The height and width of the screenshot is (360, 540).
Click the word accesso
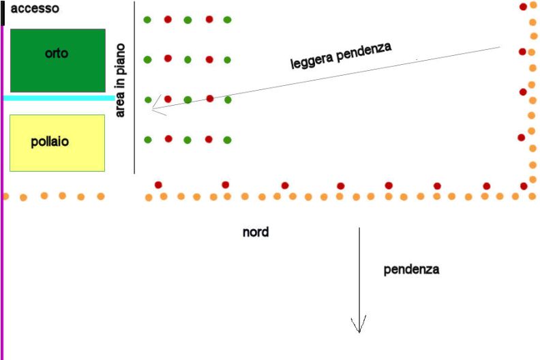click(35, 9)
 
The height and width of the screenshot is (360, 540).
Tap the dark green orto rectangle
click(58, 61)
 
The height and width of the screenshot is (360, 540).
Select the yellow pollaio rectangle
click(57, 143)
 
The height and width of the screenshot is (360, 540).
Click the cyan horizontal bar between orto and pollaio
click(59, 98)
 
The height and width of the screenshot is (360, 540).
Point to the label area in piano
click(120, 80)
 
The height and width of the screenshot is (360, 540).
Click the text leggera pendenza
click(341, 56)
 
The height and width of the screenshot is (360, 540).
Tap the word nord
click(256, 232)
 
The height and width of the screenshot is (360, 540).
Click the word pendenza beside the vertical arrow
click(411, 269)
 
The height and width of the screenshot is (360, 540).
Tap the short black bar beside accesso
click(3, 13)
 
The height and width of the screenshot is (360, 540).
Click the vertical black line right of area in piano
click(134, 87)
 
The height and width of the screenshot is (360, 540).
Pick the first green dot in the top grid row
click(147, 20)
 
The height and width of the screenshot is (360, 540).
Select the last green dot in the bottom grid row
click(227, 140)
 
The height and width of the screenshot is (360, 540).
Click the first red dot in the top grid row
click(168, 19)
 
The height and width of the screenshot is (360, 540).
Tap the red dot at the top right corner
click(523, 7)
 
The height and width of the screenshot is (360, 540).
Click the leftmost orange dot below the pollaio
click(5, 196)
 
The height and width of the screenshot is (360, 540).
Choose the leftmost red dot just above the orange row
click(158, 185)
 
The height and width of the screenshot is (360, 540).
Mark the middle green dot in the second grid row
click(187, 60)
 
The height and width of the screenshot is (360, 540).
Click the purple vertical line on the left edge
click(2, 193)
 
